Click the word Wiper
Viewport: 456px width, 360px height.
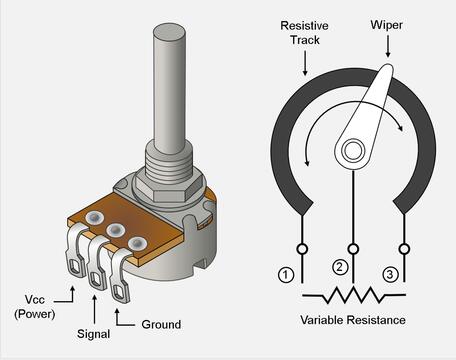click(x=386, y=25)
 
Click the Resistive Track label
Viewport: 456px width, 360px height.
click(x=304, y=33)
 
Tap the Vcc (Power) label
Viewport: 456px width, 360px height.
click(x=35, y=307)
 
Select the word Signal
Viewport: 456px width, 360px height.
click(x=93, y=334)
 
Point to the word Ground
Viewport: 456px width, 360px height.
click(x=161, y=324)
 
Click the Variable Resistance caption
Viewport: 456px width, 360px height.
click(x=353, y=320)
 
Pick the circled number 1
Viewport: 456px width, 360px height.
click(x=286, y=275)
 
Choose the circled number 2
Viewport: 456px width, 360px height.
click(x=340, y=267)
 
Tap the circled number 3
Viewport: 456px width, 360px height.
click(x=390, y=275)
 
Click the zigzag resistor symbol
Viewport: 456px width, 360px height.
click(x=353, y=295)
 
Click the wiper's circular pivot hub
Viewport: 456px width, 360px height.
click(x=353, y=151)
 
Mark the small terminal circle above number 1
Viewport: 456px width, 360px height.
click(x=302, y=249)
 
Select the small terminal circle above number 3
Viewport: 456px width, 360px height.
click(x=404, y=249)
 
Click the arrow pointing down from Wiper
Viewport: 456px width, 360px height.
click(x=388, y=46)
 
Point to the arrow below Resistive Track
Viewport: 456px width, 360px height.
click(x=305, y=63)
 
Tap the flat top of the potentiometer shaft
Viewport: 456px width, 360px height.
click(x=169, y=33)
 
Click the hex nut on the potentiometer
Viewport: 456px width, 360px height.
click(x=169, y=186)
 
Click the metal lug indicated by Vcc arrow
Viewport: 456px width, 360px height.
click(x=75, y=250)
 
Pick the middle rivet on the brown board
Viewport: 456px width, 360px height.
click(x=115, y=230)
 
